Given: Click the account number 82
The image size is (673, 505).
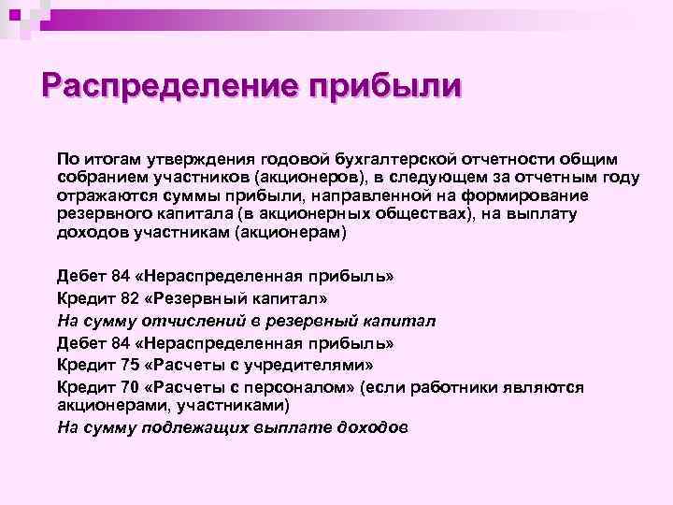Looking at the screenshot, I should (120, 298).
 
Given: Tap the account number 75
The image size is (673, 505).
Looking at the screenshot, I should (120, 363).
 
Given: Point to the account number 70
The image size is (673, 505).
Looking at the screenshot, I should (120, 386).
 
